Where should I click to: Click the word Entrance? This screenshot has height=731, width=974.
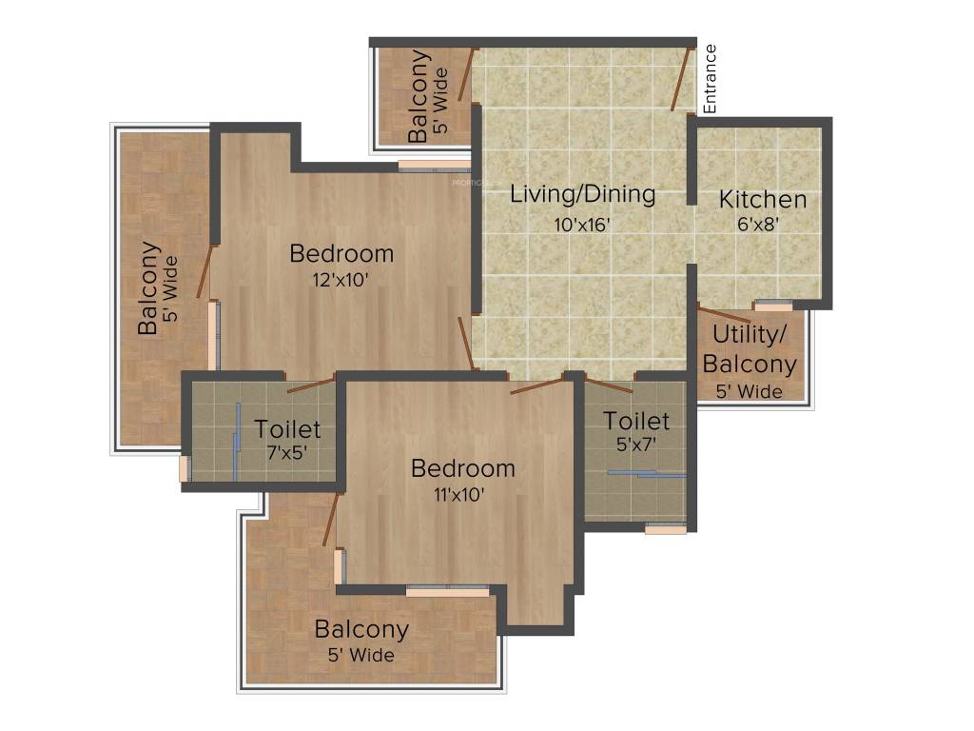coord(710,79)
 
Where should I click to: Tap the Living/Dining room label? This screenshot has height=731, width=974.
coord(583,194)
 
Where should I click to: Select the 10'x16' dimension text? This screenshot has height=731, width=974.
coord(582,225)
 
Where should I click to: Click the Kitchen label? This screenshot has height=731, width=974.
coord(763,200)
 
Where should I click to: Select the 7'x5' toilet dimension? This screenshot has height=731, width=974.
coord(287,453)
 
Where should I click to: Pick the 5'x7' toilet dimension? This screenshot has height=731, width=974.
coord(636,444)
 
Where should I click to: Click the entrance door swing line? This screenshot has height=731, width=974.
coord(681,80)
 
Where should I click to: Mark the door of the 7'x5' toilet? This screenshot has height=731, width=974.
coord(311,385)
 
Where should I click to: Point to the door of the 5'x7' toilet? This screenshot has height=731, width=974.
coord(609,385)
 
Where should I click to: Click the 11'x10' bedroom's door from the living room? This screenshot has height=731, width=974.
coord(536,385)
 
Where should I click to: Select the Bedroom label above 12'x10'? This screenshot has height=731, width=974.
coord(341,254)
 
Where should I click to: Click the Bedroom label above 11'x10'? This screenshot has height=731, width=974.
coord(462,468)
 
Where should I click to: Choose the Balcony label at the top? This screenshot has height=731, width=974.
coord(419,97)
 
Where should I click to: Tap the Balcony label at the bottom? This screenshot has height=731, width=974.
coord(361,629)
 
